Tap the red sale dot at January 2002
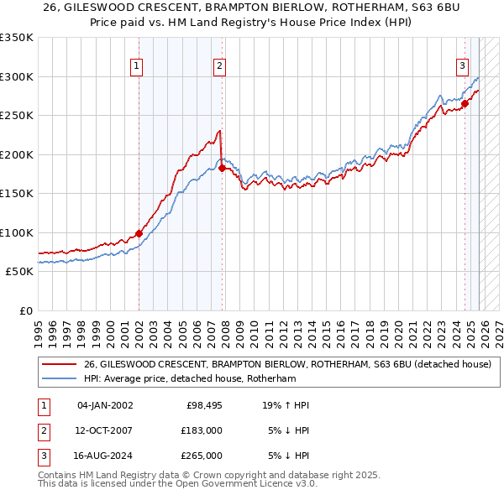(139, 233)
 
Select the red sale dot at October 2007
(222, 168)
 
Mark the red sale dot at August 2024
(465, 104)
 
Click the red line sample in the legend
(60, 364)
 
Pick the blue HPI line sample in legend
(60, 378)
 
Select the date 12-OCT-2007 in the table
(104, 430)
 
